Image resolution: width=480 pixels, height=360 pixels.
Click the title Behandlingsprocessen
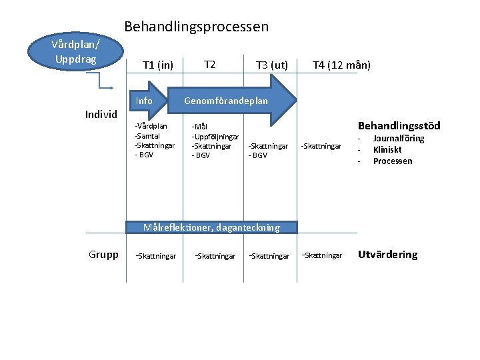pyautogui.click(x=197, y=27)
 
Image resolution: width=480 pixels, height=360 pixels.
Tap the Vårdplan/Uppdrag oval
pyautogui.click(x=75, y=52)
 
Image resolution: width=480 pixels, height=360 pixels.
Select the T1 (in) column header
pyautogui.click(x=158, y=65)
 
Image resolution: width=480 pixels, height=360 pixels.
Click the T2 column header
pyautogui.click(x=209, y=64)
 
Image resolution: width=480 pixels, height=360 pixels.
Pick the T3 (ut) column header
pyautogui.click(x=272, y=65)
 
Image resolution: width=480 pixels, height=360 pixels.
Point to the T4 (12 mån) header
pyautogui.click(x=342, y=65)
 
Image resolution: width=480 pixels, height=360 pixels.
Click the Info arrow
pyautogui.click(x=147, y=101)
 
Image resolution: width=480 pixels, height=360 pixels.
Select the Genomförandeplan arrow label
pyautogui.click(x=226, y=101)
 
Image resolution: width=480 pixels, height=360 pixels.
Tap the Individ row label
pyautogui.click(x=101, y=114)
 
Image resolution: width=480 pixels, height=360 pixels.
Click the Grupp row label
pyautogui.click(x=103, y=254)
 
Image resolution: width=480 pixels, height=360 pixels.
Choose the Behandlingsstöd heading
pyautogui.click(x=399, y=125)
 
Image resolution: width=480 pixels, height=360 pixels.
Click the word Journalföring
pyautogui.click(x=399, y=139)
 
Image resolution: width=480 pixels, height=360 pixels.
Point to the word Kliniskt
pyautogui.click(x=387, y=150)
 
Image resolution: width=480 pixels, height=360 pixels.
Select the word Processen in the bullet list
pyautogui.click(x=393, y=161)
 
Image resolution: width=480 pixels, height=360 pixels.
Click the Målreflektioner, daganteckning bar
pyautogui.click(x=211, y=227)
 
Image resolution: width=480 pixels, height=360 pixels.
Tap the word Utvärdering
pyautogui.click(x=388, y=254)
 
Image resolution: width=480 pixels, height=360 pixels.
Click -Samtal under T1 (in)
pyautogui.click(x=148, y=135)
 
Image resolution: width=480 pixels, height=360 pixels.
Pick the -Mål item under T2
pyautogui.click(x=200, y=127)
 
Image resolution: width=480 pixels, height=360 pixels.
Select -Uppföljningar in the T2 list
pyautogui.click(x=215, y=136)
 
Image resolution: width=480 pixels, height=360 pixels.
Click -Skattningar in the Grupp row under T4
pyautogui.click(x=322, y=255)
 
